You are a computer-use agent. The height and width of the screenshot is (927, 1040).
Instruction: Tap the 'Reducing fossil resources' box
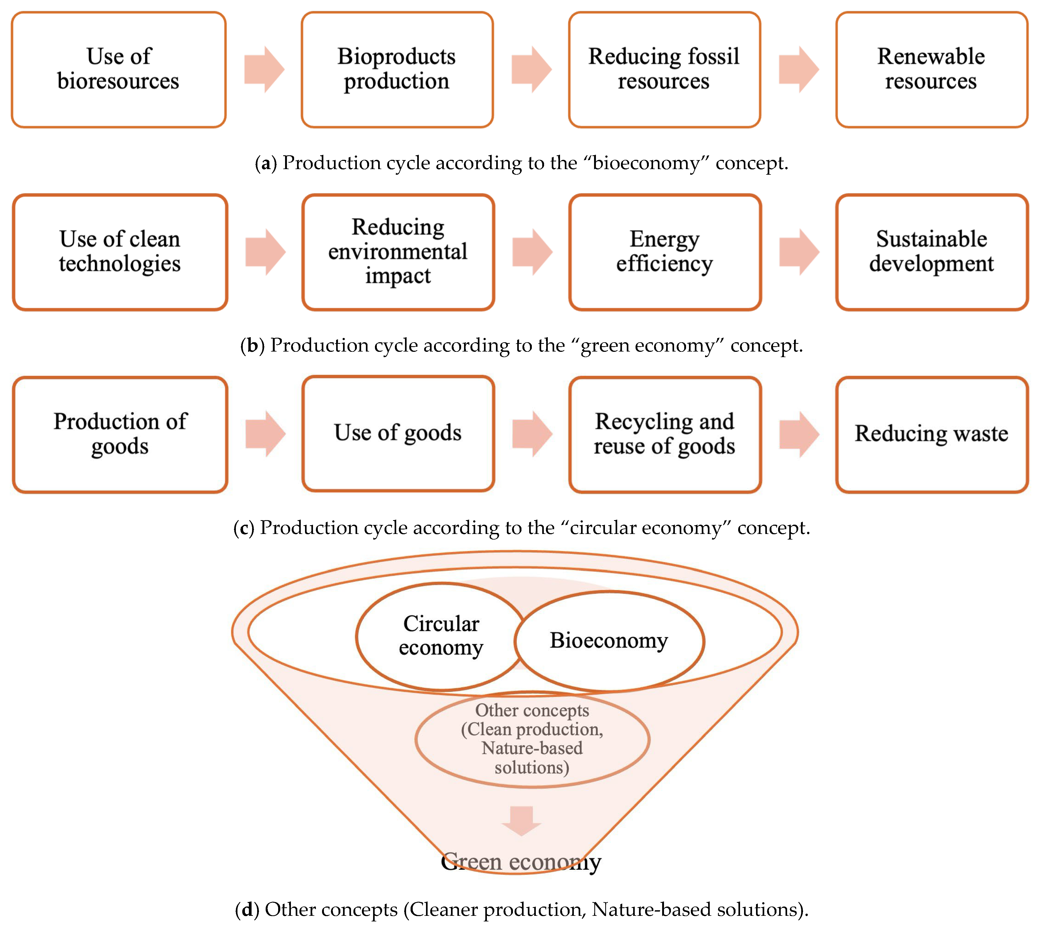coord(664,69)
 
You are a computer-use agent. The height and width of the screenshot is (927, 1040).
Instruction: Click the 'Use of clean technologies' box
coord(120,252)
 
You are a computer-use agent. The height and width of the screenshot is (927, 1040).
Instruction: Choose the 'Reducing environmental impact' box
coord(398,252)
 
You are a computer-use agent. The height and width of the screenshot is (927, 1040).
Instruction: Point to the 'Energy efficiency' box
coord(665,252)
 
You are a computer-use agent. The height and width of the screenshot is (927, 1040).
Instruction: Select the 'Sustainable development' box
coord(932,252)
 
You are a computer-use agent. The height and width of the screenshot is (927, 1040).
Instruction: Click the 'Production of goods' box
coord(120,434)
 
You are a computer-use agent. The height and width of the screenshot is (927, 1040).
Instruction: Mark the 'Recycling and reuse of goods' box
coord(665,434)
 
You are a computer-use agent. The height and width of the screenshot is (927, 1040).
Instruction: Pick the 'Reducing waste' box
coord(932,434)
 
